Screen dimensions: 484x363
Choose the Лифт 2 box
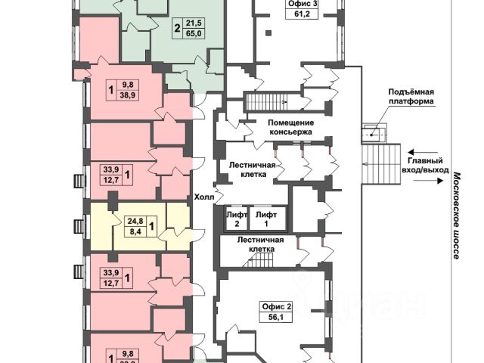click(x=237, y=219)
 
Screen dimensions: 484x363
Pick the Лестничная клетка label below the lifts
click(x=260, y=245)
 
